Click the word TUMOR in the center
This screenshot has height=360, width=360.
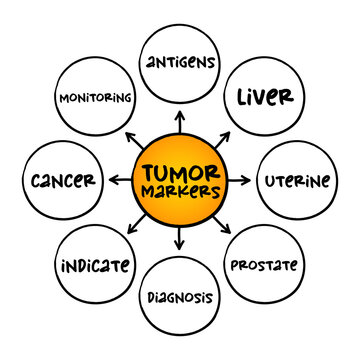point(181,169)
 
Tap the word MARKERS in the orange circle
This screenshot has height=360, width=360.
point(181,189)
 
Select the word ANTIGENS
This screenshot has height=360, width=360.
point(180,62)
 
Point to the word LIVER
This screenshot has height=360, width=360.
point(264,97)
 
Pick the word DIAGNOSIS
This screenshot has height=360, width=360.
point(180,297)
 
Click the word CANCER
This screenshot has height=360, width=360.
point(63,181)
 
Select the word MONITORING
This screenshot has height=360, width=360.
point(97,98)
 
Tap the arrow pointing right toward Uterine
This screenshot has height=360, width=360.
point(241,180)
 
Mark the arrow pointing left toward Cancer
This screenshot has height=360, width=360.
point(119,180)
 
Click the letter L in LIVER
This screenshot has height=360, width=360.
point(242,97)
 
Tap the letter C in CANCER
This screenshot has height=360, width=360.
point(36,181)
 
